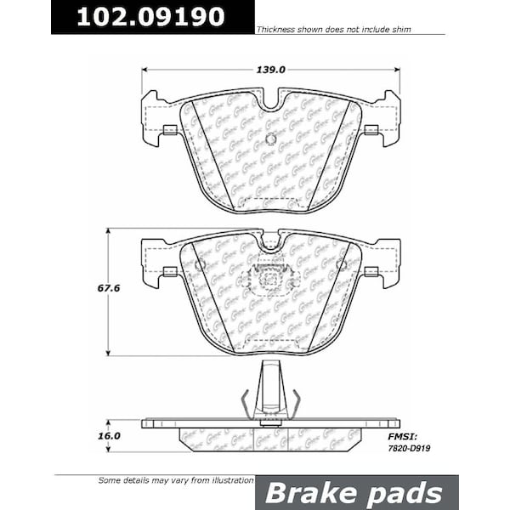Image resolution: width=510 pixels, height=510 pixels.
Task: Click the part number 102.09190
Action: point(151,17)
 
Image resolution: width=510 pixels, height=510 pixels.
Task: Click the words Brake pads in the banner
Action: point(356,492)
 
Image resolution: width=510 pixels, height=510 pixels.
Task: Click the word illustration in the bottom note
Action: point(224,479)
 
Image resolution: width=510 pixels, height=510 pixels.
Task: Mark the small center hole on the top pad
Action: point(270,139)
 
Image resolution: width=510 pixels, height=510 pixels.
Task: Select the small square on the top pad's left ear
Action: point(170,130)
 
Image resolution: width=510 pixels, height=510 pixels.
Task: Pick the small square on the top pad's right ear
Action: point(371,130)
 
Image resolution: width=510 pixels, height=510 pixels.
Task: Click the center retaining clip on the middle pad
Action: point(269,278)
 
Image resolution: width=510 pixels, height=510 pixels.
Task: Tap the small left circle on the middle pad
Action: point(200,265)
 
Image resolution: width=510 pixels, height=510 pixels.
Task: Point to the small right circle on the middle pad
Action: point(342,265)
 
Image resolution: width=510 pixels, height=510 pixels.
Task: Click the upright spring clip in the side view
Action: point(270,391)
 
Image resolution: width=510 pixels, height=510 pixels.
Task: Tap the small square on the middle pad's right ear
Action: point(371,272)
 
